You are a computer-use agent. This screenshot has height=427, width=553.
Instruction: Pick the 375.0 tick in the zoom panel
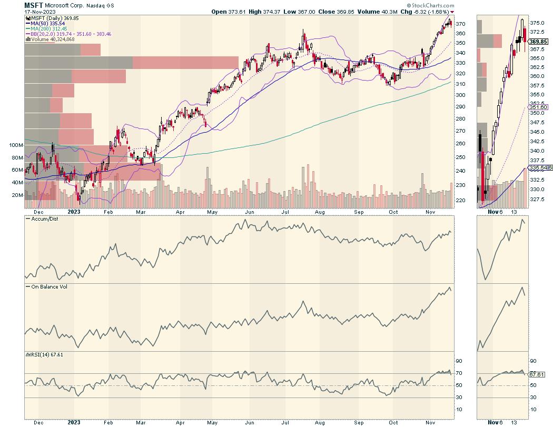tap(537, 23)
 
